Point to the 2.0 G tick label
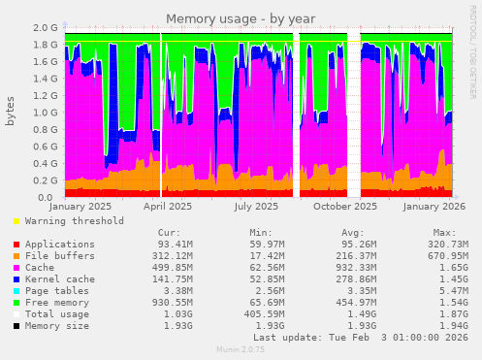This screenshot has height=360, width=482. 46,28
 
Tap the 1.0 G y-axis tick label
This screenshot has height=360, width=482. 46,113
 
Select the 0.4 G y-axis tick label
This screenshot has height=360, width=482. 46,164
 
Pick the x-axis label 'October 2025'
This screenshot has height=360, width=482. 346,206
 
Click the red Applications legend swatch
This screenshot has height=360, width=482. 16,244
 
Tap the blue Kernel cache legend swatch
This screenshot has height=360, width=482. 16,278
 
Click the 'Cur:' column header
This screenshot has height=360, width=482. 169,233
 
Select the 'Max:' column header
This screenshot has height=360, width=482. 445,233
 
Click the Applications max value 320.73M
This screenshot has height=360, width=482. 450,244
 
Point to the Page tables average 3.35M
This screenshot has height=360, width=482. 358,290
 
